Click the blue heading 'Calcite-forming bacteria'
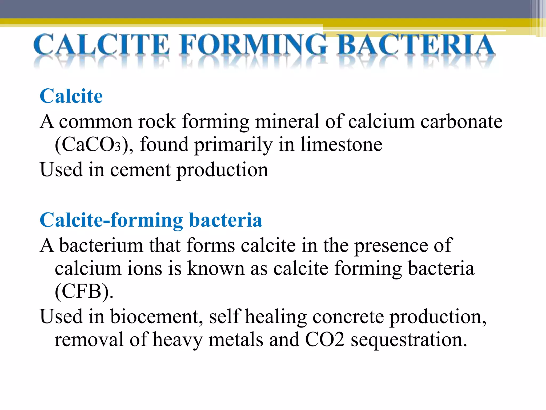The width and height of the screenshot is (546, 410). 151,220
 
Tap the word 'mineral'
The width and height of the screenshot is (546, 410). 287,121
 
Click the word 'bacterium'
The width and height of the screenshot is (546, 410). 101,245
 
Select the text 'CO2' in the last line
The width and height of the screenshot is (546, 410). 324,340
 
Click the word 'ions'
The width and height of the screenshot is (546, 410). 144,268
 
